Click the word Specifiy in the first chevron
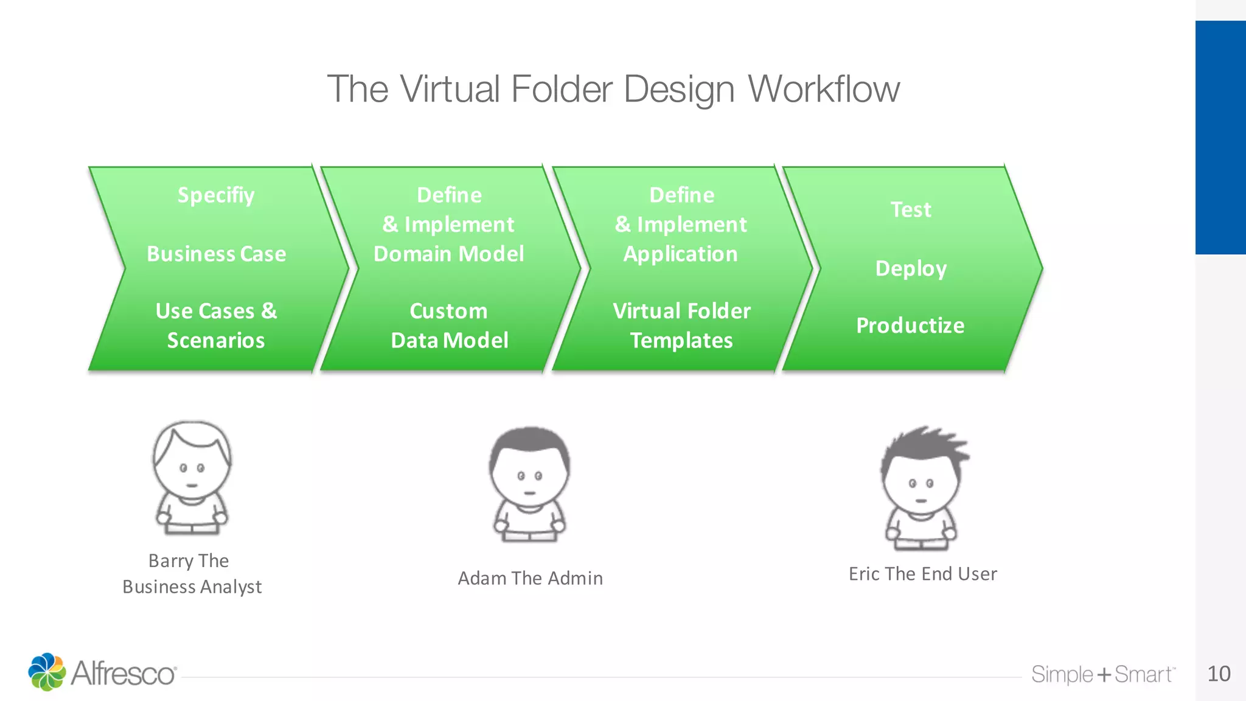[x=216, y=195]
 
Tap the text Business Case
[x=216, y=254]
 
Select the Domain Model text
[x=448, y=254]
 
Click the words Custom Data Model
[x=449, y=326]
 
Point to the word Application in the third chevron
[x=680, y=254]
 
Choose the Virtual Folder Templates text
[x=681, y=326]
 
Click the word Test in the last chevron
[x=911, y=209]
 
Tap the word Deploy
[x=911, y=268]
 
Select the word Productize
[x=910, y=326]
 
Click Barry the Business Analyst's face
[x=192, y=472]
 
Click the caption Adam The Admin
[x=530, y=578]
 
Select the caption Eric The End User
[x=922, y=574]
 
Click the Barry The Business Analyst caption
[x=192, y=573]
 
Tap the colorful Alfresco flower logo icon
[x=47, y=672]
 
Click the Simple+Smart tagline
[x=1102, y=674]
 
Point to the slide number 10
[x=1219, y=674]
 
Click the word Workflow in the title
[x=823, y=89]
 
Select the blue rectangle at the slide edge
[x=1220, y=138]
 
